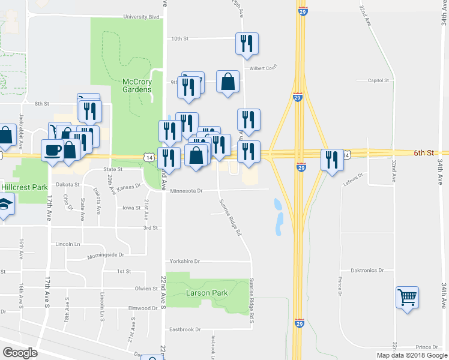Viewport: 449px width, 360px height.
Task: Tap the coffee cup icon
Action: [52, 149]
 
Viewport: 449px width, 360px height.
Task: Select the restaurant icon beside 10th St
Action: [247, 43]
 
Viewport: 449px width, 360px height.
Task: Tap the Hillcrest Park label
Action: [24, 187]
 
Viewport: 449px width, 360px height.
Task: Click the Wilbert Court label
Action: [264, 67]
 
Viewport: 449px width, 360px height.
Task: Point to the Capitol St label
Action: [379, 80]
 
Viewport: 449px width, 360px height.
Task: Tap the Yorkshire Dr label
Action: [184, 262]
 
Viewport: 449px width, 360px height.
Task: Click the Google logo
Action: [20, 353]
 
